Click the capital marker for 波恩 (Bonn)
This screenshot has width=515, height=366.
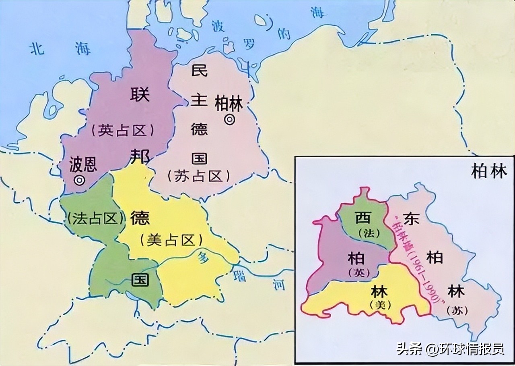pos(80,180)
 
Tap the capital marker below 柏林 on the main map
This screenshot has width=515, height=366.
pos(229,120)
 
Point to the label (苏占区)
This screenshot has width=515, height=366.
pos(199,176)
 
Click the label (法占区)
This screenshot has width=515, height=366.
pos(96,218)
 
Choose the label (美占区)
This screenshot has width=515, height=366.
pos(171,240)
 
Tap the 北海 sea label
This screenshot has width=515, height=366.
pos(60,49)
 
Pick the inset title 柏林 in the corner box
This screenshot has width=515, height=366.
pos(489,172)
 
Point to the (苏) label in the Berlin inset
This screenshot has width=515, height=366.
pos(456,310)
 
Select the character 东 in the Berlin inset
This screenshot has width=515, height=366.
pos(411,218)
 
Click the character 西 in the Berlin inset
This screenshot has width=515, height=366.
pos(363,218)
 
